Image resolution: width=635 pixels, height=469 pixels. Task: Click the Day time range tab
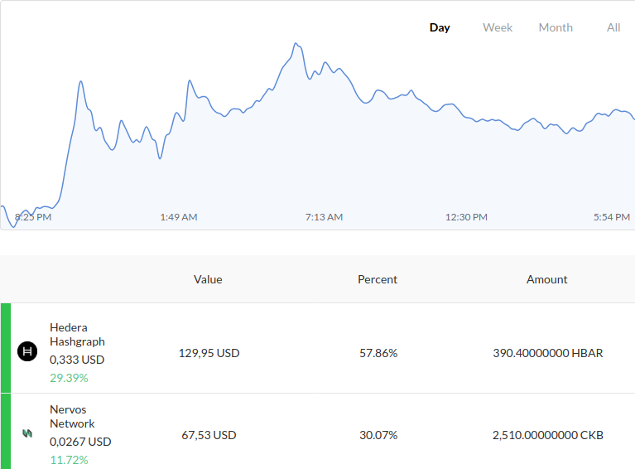pyautogui.click(x=440, y=27)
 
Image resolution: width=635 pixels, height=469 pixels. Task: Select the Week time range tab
pyautogui.click(x=498, y=27)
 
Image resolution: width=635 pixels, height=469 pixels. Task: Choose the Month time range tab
pyautogui.click(x=556, y=27)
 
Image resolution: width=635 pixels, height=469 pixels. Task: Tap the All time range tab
pyautogui.click(x=613, y=27)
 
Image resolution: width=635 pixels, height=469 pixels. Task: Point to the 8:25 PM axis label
pyautogui.click(x=33, y=217)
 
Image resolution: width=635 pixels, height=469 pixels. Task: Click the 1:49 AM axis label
pyautogui.click(x=179, y=217)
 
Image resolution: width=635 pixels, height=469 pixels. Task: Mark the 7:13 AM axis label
pyautogui.click(x=324, y=217)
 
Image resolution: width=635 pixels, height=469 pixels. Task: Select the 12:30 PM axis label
pyautogui.click(x=467, y=217)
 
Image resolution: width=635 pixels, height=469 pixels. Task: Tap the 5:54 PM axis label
pyautogui.click(x=612, y=217)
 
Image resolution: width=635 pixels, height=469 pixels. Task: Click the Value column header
pyautogui.click(x=208, y=280)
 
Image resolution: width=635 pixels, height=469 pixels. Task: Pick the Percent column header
pyautogui.click(x=378, y=280)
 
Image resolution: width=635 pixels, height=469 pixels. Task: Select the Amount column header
pyautogui.click(x=546, y=280)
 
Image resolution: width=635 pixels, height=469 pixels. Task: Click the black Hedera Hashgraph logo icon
pyautogui.click(x=27, y=351)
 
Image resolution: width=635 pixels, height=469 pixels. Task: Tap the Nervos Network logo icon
pyautogui.click(x=27, y=433)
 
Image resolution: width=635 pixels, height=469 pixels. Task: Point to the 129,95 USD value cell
pyautogui.click(x=209, y=353)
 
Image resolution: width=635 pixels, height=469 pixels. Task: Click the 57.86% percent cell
pyautogui.click(x=378, y=353)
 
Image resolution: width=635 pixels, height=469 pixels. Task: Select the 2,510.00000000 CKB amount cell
pyautogui.click(x=548, y=435)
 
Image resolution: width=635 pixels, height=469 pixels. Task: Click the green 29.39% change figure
pyautogui.click(x=69, y=378)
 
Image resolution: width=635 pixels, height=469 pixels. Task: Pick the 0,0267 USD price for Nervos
pyautogui.click(x=80, y=442)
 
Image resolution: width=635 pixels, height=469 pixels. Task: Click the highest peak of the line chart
pyautogui.click(x=296, y=43)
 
